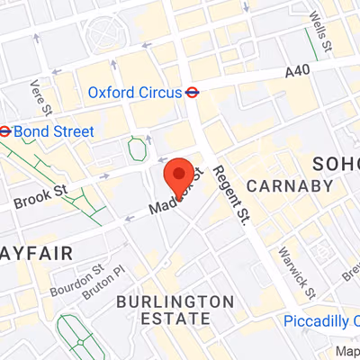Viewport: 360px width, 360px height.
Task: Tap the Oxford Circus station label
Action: point(134,92)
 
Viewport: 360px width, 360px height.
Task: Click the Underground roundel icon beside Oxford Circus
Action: point(192,92)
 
